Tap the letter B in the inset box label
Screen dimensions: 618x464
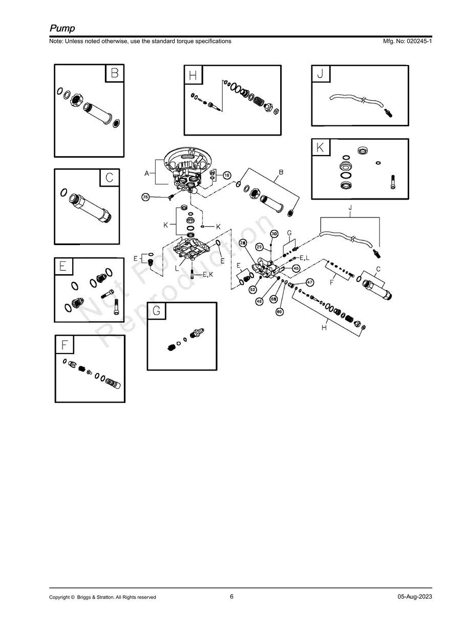click(115, 73)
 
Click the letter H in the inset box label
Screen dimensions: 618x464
click(193, 76)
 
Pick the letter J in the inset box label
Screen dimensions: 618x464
click(321, 74)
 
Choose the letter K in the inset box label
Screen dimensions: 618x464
click(321, 147)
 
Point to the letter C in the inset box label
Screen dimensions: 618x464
click(110, 178)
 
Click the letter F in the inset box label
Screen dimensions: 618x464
click(64, 345)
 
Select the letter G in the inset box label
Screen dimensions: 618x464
click(157, 311)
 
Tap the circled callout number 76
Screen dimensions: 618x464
click(145, 197)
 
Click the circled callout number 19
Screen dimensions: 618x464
click(226, 175)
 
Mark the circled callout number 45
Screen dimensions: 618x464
click(296, 268)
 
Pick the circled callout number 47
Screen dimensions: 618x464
click(310, 282)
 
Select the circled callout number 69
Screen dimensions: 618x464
click(280, 311)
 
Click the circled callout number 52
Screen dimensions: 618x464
click(252, 290)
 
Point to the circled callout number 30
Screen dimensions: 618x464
click(274, 234)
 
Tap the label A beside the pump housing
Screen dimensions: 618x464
click(146, 174)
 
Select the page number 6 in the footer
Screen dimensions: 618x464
click(231, 597)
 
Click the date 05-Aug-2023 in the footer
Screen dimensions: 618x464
click(414, 597)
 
